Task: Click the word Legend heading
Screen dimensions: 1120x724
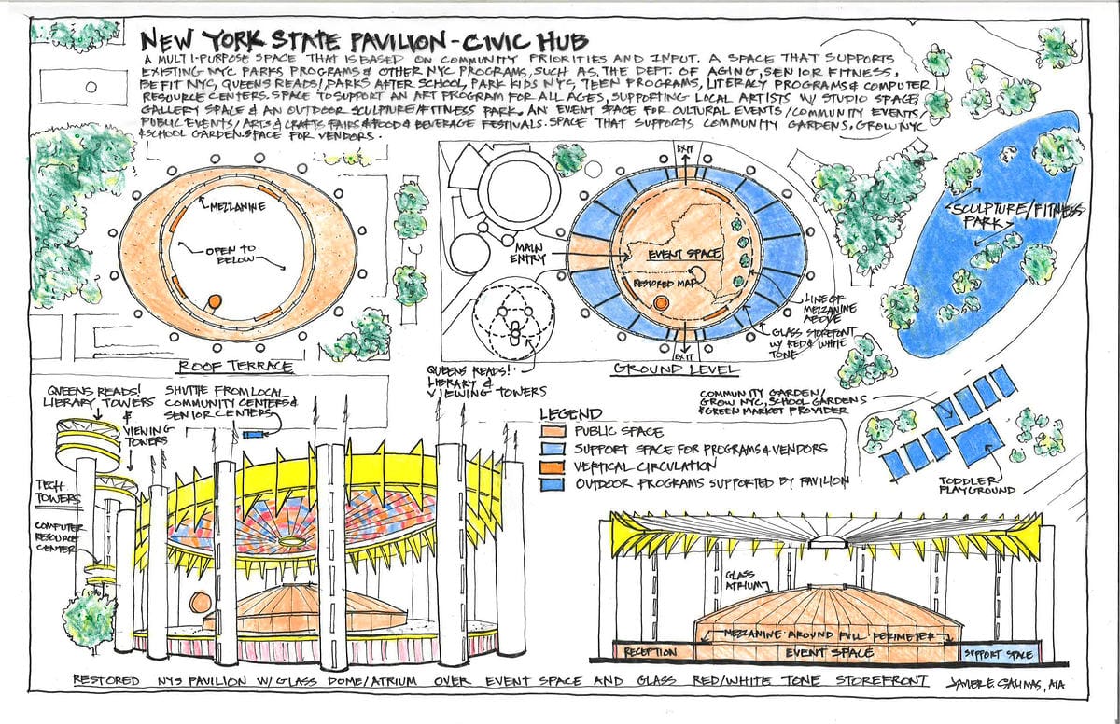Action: (x=570, y=414)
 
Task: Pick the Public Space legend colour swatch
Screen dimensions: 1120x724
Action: (x=558, y=432)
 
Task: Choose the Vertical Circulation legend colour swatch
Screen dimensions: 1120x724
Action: (x=558, y=466)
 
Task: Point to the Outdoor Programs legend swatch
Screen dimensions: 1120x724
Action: (x=558, y=482)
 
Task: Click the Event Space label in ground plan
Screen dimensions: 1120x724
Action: (x=663, y=254)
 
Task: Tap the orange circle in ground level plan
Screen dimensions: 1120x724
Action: (x=661, y=304)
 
